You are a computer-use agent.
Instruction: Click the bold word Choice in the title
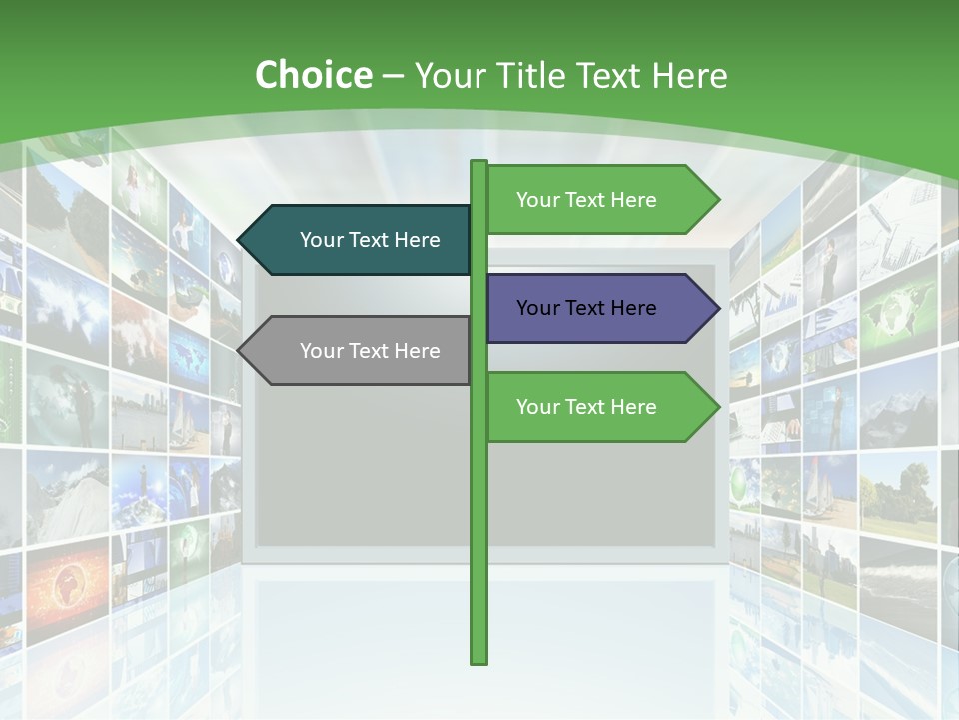coord(313,75)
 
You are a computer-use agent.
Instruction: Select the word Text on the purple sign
coord(586,308)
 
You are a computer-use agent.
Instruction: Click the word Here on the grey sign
coord(418,351)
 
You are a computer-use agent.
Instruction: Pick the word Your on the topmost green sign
coord(537,200)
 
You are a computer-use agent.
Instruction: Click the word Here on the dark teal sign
coord(418,240)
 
